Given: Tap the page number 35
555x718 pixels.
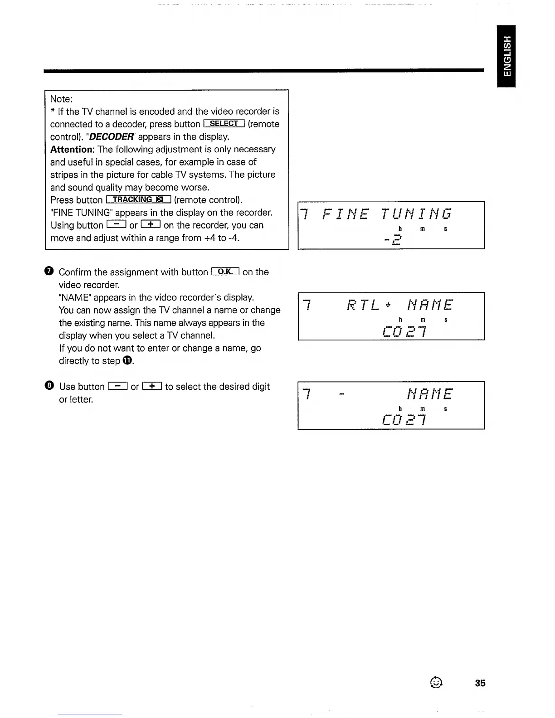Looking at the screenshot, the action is (x=480, y=683).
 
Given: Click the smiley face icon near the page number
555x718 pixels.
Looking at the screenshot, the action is (x=436, y=682).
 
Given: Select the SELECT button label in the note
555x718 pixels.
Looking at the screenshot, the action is (x=224, y=124).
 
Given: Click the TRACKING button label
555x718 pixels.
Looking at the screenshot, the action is (x=138, y=200).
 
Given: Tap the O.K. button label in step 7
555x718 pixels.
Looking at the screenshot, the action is (x=225, y=272).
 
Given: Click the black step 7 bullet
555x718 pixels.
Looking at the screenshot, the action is (x=49, y=272).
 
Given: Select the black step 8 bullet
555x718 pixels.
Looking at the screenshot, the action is (x=49, y=386).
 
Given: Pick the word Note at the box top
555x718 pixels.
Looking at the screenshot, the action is (x=61, y=99).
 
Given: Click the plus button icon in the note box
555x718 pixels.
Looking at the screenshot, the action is (x=151, y=225).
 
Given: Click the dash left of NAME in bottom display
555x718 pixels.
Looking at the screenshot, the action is (x=342, y=394).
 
